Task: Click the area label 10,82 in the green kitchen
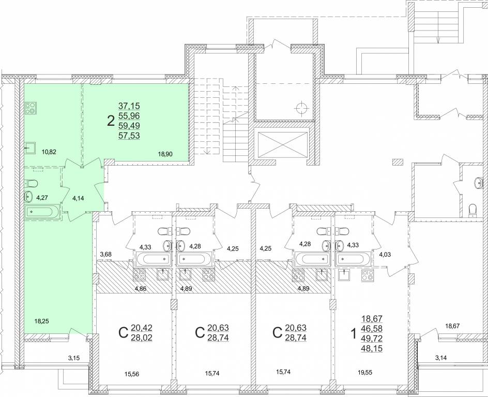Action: [49, 152]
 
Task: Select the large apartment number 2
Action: [111, 121]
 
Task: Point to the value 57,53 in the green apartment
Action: [129, 136]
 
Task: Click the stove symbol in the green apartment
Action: [31, 108]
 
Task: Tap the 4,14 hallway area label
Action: [78, 198]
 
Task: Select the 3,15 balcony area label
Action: [74, 358]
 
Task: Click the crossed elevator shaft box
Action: [281, 145]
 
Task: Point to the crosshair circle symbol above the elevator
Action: [301, 109]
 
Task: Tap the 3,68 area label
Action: [106, 254]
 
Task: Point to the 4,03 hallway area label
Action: [385, 254]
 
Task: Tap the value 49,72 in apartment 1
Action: [372, 339]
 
